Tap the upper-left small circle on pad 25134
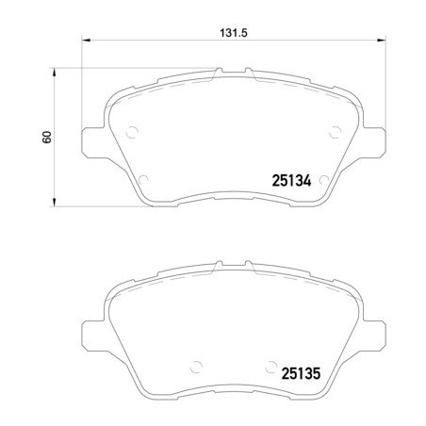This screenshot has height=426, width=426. [x=132, y=131]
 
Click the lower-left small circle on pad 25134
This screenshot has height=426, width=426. [x=143, y=179]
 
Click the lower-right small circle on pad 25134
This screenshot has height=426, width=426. [x=322, y=179]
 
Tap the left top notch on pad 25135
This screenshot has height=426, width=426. [x=217, y=261]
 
